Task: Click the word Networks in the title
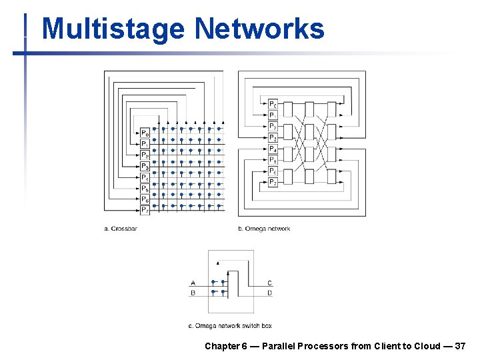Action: pyautogui.click(x=259, y=29)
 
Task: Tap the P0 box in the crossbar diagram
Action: pyautogui.click(x=145, y=133)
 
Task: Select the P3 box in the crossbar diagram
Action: pyautogui.click(x=145, y=167)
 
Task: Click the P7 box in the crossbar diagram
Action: pyautogui.click(x=145, y=210)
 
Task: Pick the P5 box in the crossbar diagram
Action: pyautogui.click(x=145, y=189)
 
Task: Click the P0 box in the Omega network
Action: pyautogui.click(x=273, y=104)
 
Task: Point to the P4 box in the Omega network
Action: pyautogui.click(x=273, y=149)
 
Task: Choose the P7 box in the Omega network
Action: pyautogui.click(x=273, y=182)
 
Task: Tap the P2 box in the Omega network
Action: pyautogui.click(x=273, y=127)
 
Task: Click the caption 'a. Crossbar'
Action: pyautogui.click(x=121, y=229)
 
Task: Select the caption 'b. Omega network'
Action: pyautogui.click(x=264, y=229)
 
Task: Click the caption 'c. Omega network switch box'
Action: pyautogui.click(x=230, y=326)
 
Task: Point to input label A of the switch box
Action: pyautogui.click(x=193, y=283)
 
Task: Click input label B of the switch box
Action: pyautogui.click(x=193, y=292)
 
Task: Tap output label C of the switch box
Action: pyautogui.click(x=269, y=283)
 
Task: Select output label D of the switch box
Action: pyautogui.click(x=269, y=292)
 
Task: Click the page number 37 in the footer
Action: pyautogui.click(x=460, y=346)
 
